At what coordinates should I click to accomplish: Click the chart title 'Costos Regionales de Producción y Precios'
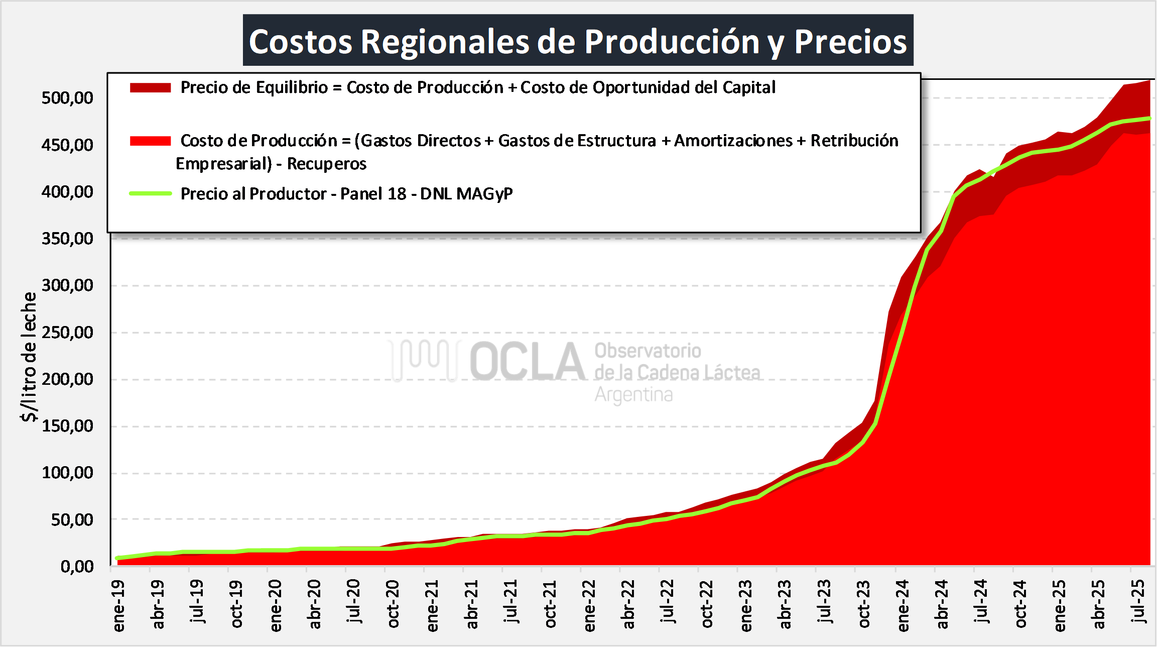578,41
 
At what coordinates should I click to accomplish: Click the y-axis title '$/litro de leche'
29,357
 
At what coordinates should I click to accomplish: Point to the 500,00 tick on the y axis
67,97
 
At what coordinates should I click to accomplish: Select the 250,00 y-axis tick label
67,332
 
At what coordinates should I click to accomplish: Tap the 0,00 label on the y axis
77,567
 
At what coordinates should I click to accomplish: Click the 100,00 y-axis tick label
67,473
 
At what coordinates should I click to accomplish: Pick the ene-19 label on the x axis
118,605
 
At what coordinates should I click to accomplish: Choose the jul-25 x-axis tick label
1139,601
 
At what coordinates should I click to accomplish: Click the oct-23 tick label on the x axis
864,604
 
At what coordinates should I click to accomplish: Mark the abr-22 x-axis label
628,604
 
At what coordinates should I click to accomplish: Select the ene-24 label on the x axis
903,605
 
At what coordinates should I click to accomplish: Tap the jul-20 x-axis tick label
353,601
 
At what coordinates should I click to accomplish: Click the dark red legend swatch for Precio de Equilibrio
150,88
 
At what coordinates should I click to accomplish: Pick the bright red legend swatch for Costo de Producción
150,141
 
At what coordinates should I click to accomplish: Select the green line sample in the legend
150,193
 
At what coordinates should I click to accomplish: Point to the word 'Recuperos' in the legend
326,164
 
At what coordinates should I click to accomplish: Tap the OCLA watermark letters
527,361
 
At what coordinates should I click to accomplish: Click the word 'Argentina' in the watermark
633,395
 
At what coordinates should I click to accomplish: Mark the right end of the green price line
1149,119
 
